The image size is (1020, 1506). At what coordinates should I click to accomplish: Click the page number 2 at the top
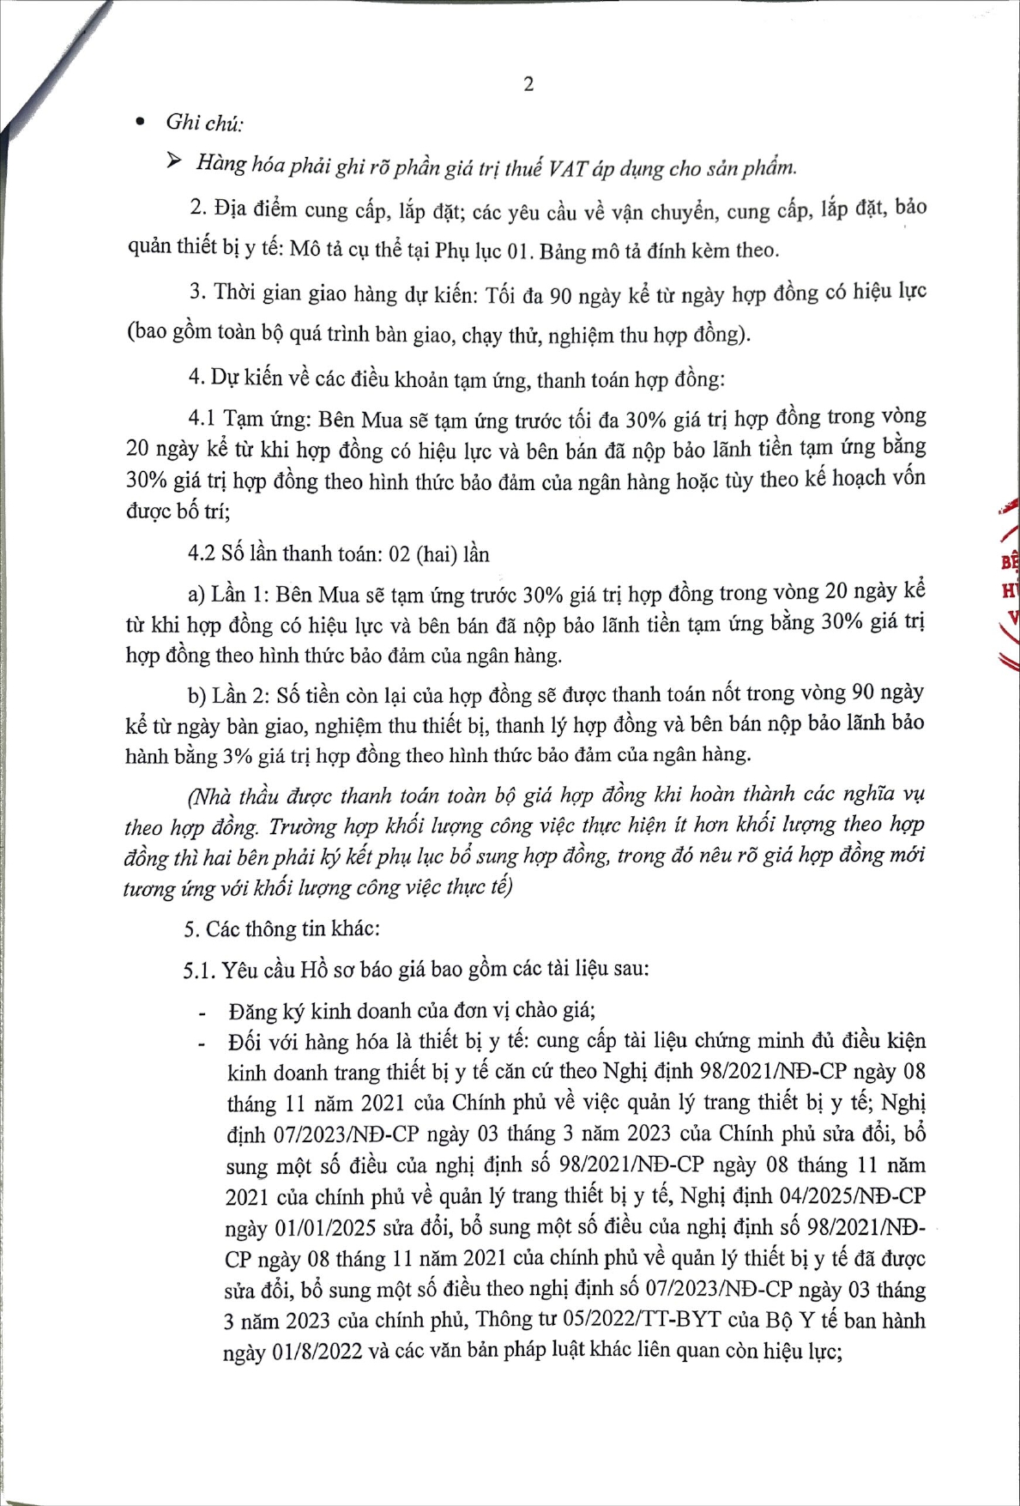(x=528, y=84)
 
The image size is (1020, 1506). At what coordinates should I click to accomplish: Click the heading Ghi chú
(x=204, y=123)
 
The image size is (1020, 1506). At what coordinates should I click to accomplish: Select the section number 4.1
(x=202, y=420)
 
